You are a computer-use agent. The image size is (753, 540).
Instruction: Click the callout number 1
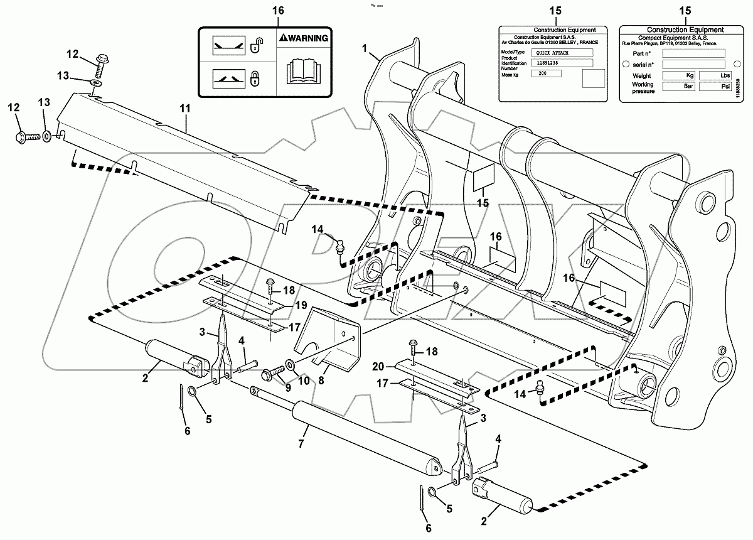365,48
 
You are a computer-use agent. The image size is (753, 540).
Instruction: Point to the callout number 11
185,109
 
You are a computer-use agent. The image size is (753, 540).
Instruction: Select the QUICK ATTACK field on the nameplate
561,53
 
